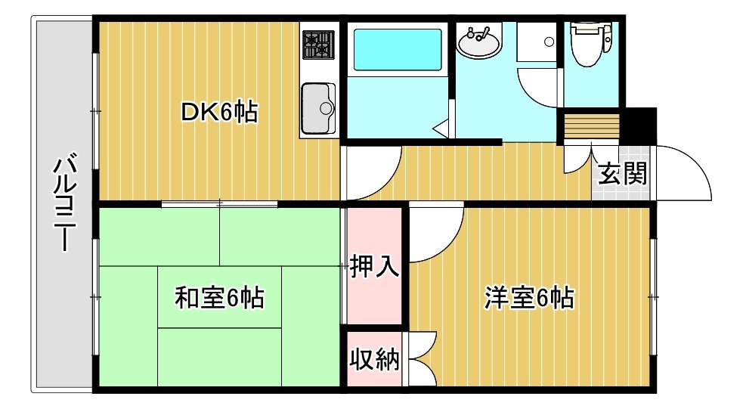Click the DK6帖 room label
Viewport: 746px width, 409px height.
[x=219, y=113]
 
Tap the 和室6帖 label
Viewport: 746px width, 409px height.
[x=219, y=297]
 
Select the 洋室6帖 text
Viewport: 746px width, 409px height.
[x=529, y=298]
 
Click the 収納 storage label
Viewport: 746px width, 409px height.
[x=374, y=359]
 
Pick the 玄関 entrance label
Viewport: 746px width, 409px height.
[x=622, y=173]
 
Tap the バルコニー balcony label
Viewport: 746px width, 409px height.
[x=65, y=203]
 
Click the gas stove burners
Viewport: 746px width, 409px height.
[x=318, y=45]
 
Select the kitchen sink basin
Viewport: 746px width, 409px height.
[x=318, y=109]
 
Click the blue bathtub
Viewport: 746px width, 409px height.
[x=398, y=49]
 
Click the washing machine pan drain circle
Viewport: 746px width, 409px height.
[x=549, y=42]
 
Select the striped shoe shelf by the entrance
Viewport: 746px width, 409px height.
[x=591, y=126]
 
